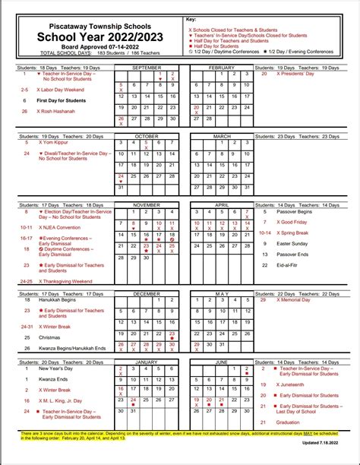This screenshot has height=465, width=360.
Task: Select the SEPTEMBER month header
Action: pos(147,68)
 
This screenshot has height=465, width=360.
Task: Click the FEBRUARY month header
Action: pos(221,68)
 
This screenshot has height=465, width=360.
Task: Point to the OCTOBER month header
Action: pos(147,135)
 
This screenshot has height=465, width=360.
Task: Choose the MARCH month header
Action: pos(221,135)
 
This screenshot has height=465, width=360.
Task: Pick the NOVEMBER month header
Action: pos(147,204)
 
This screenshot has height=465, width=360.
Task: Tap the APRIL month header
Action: pos(221,204)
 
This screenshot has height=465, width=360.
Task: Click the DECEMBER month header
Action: pos(147,293)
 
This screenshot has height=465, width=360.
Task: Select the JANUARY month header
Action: pos(147,362)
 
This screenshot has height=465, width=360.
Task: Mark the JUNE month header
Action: pos(221,362)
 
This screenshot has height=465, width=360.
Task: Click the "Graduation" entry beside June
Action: pos(289,422)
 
